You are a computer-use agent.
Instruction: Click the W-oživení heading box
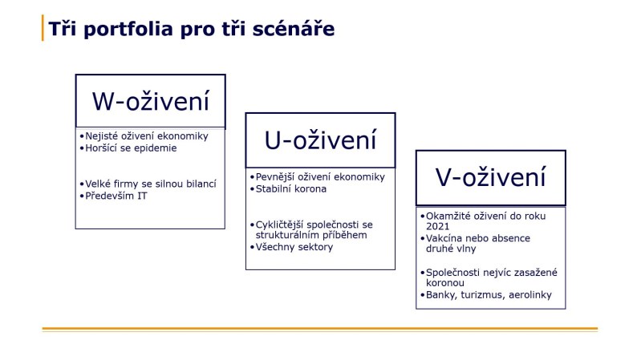point(150,101)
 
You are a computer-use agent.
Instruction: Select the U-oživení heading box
point(320,140)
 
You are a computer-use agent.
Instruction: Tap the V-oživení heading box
point(490,177)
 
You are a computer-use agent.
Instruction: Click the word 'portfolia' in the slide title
point(131,29)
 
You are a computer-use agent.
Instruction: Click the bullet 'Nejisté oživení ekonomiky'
point(144,136)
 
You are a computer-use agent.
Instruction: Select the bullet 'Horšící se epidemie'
point(129,148)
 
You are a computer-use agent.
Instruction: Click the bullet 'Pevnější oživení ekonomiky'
point(318,176)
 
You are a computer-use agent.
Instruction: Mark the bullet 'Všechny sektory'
point(292,247)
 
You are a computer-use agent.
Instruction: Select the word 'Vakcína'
point(445,238)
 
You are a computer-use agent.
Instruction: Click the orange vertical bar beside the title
point(43,28)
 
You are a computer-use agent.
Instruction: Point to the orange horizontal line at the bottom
point(320,329)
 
